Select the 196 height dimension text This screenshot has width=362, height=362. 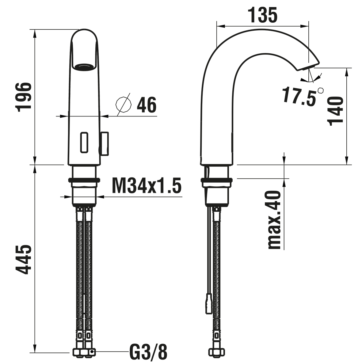click(23, 97)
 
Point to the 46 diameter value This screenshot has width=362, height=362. click(147, 105)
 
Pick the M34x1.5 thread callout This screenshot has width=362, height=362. click(147, 185)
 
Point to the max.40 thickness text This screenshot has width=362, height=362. click(274, 220)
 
